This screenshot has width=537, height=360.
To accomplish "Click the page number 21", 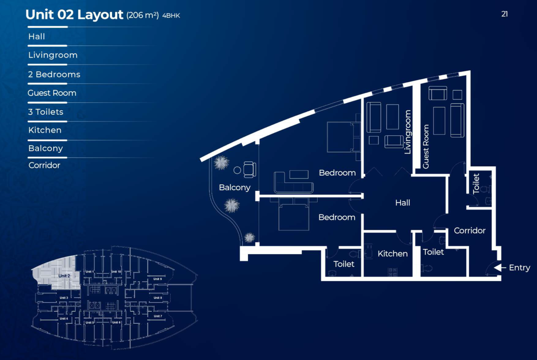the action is click(504, 14).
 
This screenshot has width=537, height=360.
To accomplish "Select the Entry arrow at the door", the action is click(500, 268).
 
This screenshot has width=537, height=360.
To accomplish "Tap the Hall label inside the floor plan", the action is click(403, 203).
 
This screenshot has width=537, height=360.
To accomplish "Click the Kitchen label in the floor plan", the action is click(392, 254).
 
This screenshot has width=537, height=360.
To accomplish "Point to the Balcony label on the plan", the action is click(235, 188).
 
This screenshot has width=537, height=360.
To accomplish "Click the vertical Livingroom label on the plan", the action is click(408, 132).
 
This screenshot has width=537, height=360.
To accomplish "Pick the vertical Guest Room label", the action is click(425, 146).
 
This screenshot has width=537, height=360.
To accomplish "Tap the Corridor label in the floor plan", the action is click(470, 231).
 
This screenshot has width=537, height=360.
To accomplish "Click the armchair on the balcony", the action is click(250, 169).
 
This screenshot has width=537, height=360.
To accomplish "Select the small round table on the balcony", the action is click(237, 170).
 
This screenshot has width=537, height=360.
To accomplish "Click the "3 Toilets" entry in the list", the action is click(45, 112).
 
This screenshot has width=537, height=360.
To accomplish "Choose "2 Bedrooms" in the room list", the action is click(54, 74).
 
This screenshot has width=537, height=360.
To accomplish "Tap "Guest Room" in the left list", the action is click(52, 93).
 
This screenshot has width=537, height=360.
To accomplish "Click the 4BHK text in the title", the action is click(171, 16).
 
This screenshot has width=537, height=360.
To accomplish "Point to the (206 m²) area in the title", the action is click(142, 16).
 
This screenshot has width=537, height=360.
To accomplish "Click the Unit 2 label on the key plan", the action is click(64, 276).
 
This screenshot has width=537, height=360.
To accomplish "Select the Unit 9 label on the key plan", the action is click(157, 279).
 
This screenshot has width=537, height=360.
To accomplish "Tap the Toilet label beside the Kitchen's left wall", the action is click(344, 264).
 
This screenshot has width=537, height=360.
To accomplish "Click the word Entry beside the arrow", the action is click(519, 268).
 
